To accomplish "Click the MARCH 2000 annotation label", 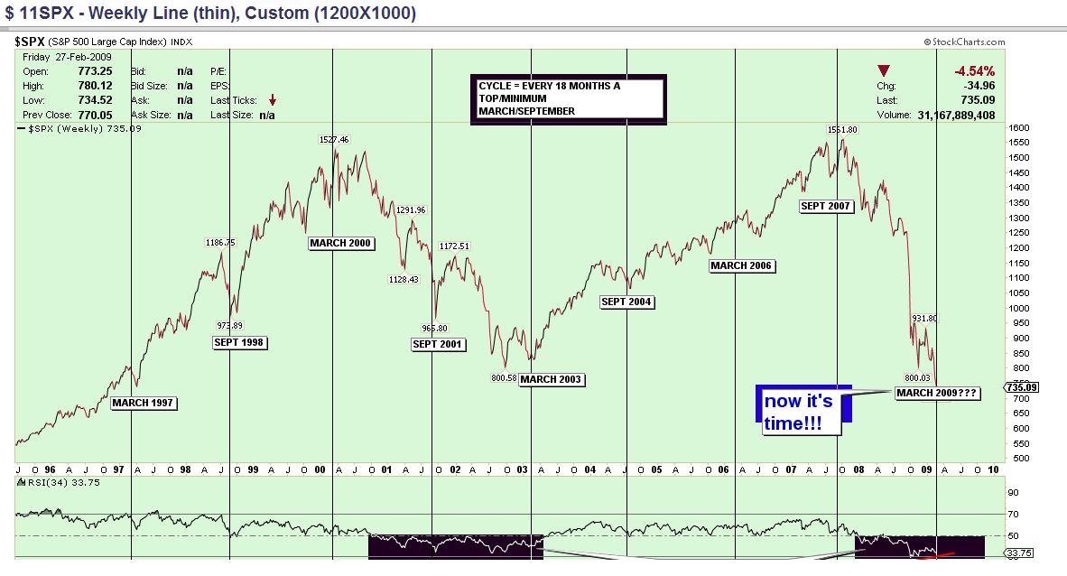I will tap(341, 243).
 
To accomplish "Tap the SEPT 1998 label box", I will tap(240, 342).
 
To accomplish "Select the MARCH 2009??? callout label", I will tap(937, 393).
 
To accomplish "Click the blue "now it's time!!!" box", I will tap(798, 411).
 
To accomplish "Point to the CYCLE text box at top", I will tap(568, 98).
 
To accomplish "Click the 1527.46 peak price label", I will tap(333, 140).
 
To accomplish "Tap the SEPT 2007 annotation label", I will tap(826, 207).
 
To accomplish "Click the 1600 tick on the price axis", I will tap(1019, 128).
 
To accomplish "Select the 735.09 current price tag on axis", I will tap(1022, 389).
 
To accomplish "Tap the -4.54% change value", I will tap(974, 71).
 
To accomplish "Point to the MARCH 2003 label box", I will tap(552, 379).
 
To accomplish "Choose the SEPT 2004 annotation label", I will tap(627, 302).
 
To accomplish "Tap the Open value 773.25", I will tap(94, 71).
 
